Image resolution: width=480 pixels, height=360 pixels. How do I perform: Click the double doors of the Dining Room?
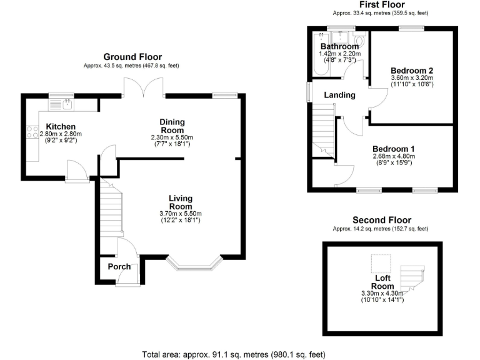coord(144,87)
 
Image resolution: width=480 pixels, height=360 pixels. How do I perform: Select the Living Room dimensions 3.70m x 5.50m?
coord(181,214)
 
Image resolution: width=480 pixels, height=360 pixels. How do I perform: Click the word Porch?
coord(119,267)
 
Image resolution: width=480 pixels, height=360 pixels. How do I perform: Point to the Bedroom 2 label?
coord(412,70)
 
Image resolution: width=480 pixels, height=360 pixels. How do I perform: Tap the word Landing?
coord(339,95)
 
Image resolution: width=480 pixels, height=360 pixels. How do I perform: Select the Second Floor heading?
coord(381,220)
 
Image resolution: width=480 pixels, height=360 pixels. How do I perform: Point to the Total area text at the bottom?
coord(234,354)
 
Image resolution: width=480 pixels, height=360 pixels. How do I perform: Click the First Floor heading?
coord(381,5)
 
